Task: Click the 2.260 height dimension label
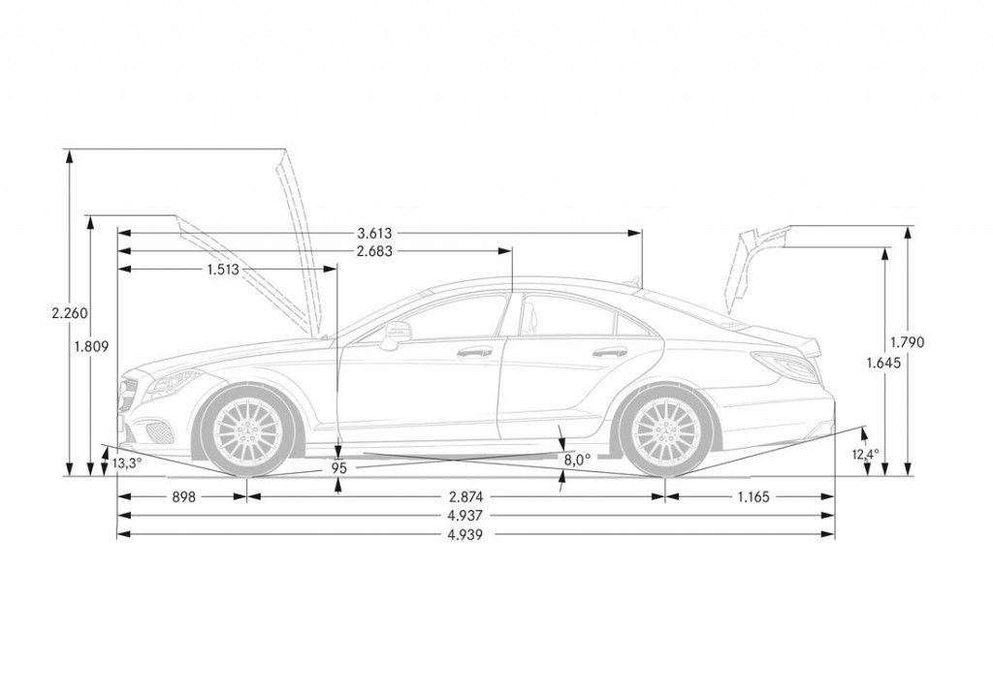pos(70,313)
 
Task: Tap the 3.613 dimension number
pos(375,233)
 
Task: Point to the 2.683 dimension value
pos(375,251)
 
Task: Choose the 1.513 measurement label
pos(224,270)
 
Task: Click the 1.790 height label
pos(908,341)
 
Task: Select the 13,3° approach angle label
pos(126,463)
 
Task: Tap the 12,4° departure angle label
pos(866,454)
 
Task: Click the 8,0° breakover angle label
pos(577,461)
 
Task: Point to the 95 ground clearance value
pos(337,467)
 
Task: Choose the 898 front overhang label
pos(183,496)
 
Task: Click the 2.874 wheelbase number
pos(455,496)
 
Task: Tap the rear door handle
pos(609,353)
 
